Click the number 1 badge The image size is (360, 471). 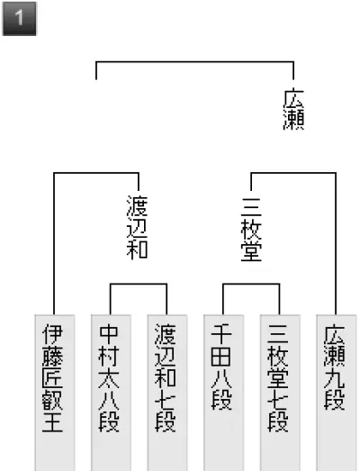(x=19, y=19)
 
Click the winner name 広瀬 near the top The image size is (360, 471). (x=293, y=109)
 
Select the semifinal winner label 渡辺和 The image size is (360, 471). (x=137, y=227)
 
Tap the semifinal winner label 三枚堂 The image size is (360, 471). (x=251, y=230)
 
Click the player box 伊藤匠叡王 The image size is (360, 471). (x=55, y=393)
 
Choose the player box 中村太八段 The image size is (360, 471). (x=111, y=393)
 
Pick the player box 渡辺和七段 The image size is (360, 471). (x=167, y=393)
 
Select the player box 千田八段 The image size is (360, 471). (x=223, y=393)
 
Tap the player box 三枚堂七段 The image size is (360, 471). (x=280, y=393)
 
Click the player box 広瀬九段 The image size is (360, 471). (x=337, y=393)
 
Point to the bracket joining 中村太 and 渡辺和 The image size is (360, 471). (x=139, y=284)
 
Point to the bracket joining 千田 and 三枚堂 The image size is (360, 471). (x=251, y=284)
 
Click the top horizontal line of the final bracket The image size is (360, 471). (x=195, y=62)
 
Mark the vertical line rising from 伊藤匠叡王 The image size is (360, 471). (x=54, y=244)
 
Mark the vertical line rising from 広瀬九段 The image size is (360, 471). (x=336, y=244)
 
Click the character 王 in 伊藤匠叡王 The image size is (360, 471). (x=52, y=422)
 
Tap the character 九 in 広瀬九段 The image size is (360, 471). (x=334, y=378)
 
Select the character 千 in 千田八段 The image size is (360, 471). (x=221, y=334)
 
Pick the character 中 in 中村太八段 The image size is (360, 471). (x=109, y=334)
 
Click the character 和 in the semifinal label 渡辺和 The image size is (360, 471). (x=137, y=249)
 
